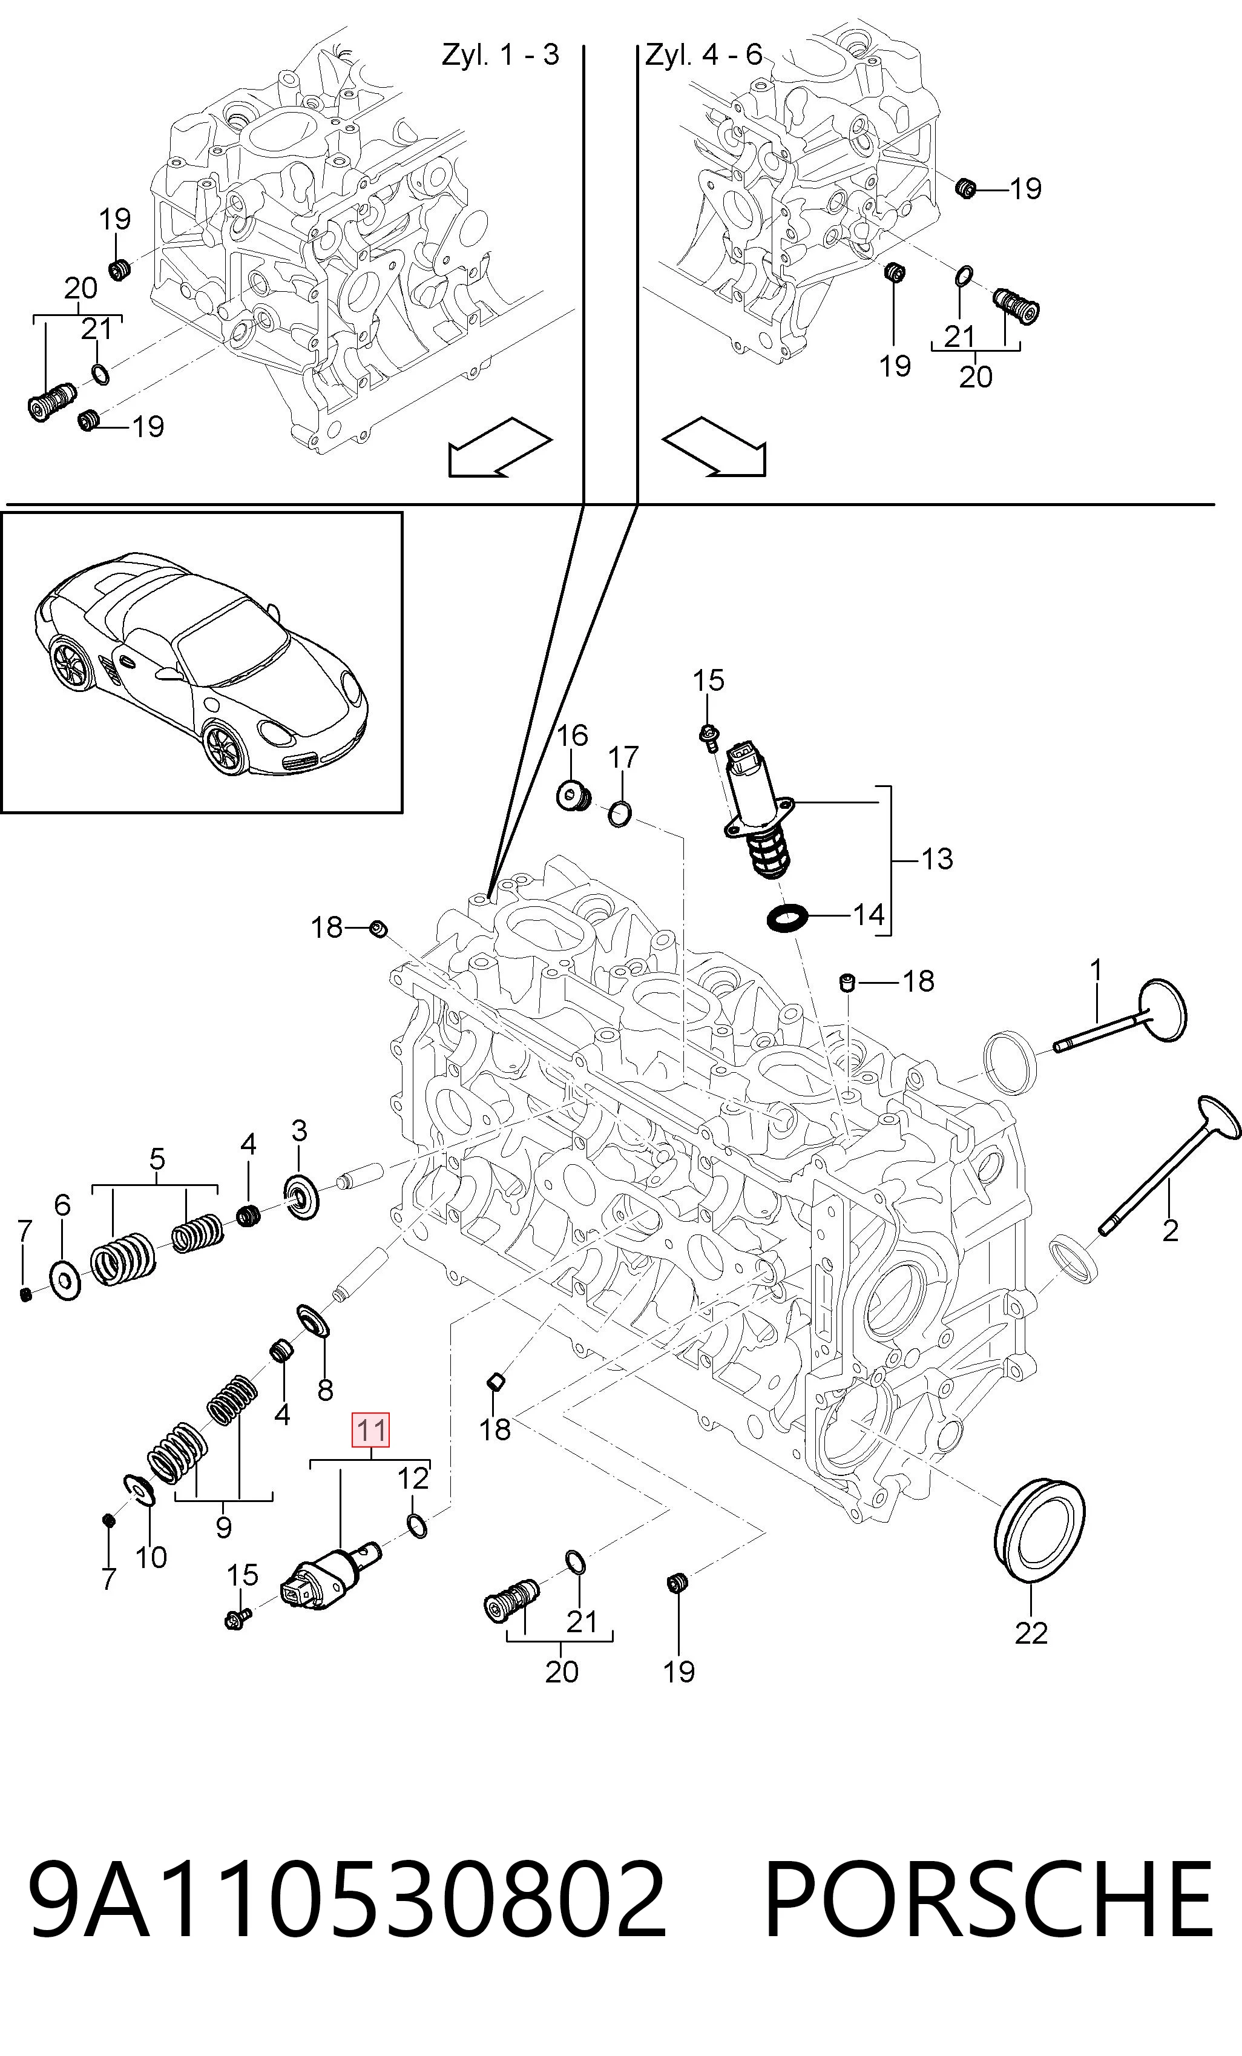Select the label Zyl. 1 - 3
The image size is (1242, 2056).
pos(501,55)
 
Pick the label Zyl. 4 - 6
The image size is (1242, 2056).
pos(704,55)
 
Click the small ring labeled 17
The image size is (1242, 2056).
pos(620,814)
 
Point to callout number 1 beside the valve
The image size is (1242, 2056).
pos(1096,970)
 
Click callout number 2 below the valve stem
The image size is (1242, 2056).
pos(1170,1230)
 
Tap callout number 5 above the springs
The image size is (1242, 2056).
pos(157,1159)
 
